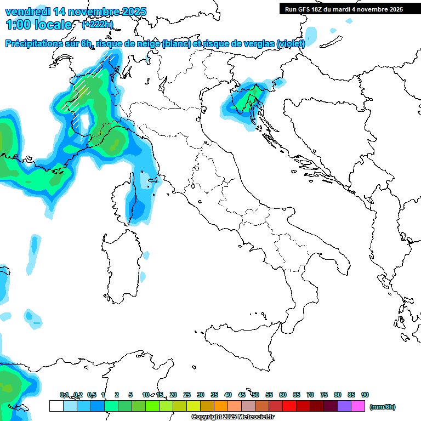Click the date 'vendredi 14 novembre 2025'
click(76, 12)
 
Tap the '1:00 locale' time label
click(38, 25)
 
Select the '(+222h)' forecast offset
click(98, 24)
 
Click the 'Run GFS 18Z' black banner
click(344, 9)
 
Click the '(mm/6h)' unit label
click(382, 407)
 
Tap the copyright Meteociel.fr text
click(232, 417)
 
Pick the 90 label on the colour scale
click(365, 395)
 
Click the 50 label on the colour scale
click(255, 395)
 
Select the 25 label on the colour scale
click(187, 395)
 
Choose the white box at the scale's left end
click(56, 406)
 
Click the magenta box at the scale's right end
click(358, 406)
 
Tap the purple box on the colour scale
click(344, 406)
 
